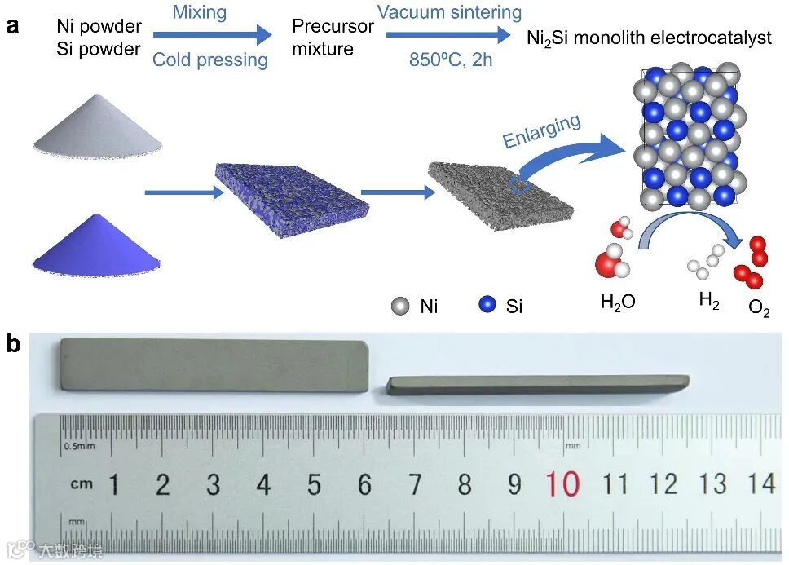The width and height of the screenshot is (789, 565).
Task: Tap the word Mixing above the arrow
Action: point(200,12)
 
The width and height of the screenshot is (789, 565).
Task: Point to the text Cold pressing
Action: point(210,60)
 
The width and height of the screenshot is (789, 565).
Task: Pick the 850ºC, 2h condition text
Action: point(451,60)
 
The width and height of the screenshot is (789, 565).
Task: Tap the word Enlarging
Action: point(541,131)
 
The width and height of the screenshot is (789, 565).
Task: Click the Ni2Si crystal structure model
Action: point(694,138)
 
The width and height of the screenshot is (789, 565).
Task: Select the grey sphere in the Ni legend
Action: point(399,306)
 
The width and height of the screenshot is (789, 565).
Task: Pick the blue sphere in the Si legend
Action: point(488,306)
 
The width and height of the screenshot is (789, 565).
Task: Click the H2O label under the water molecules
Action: point(617,302)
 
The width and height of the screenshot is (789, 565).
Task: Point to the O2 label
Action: point(758,310)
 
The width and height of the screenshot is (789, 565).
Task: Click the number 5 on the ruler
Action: point(314,485)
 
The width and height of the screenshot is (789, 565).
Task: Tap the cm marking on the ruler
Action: point(81,484)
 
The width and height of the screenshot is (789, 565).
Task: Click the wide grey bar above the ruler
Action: point(214,364)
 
